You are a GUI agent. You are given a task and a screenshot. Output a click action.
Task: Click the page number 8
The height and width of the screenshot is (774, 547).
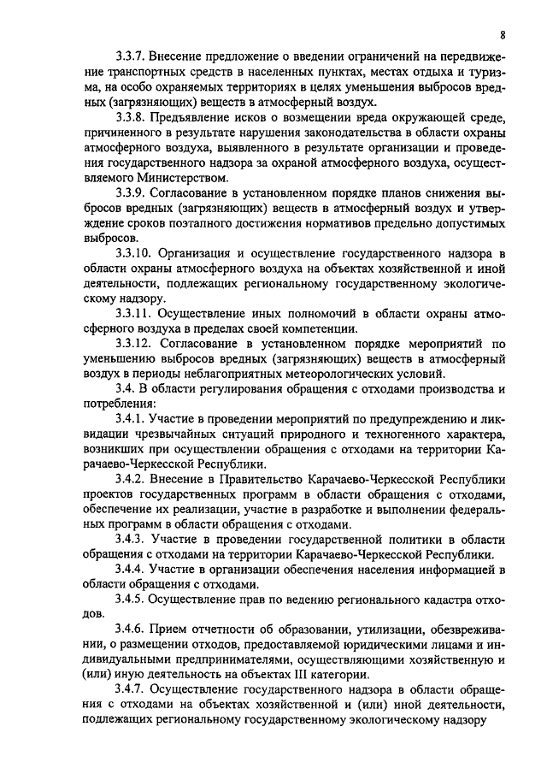(503, 35)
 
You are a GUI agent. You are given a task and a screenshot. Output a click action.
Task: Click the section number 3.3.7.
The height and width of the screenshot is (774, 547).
(132, 56)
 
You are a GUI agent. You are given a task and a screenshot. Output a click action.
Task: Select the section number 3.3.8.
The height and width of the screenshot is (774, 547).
(132, 118)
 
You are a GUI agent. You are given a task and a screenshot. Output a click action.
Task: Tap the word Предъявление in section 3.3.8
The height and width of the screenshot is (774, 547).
(198, 118)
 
